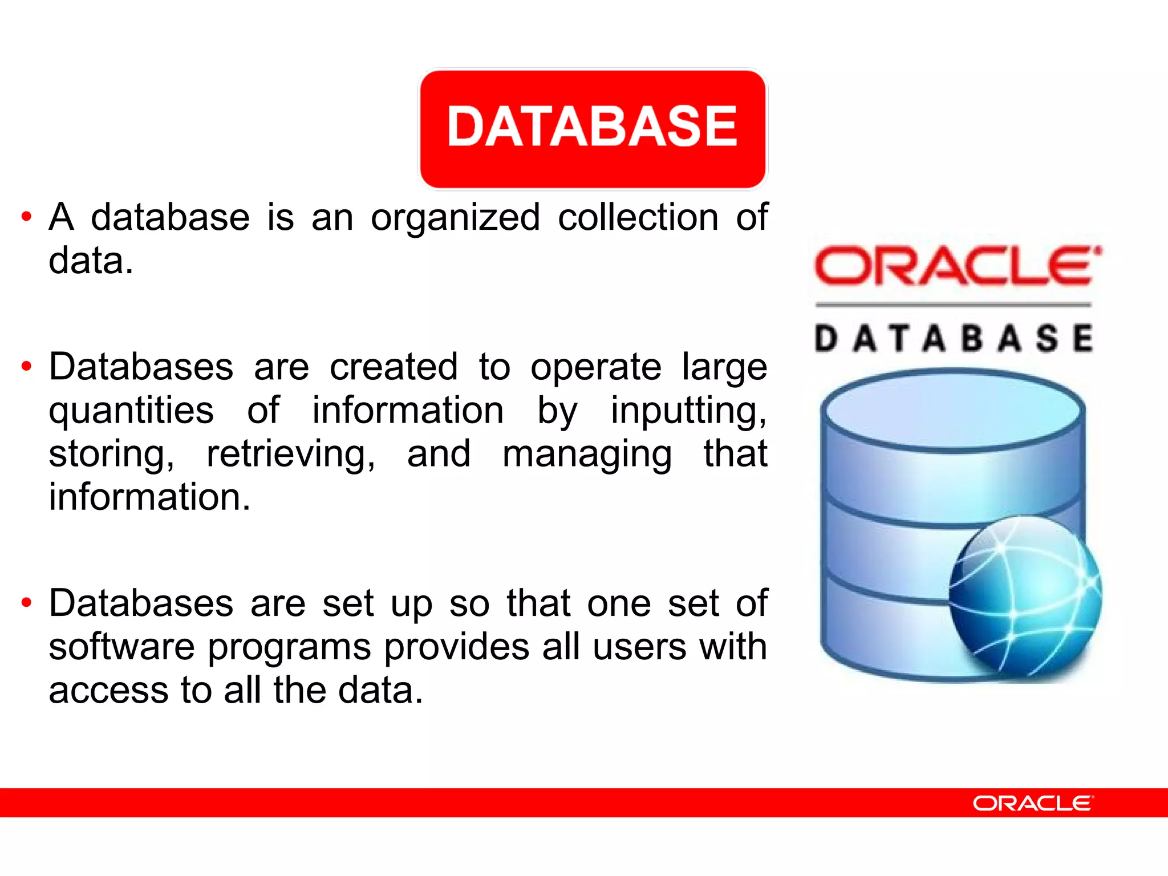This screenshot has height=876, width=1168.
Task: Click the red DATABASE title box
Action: click(x=593, y=128)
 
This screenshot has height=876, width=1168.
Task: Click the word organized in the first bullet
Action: click(x=455, y=218)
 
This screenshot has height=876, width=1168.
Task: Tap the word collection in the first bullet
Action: click(x=638, y=217)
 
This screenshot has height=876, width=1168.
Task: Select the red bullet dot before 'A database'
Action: click(x=26, y=217)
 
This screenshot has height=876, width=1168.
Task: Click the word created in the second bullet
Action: click(x=394, y=367)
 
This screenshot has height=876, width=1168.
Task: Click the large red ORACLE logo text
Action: click(x=956, y=266)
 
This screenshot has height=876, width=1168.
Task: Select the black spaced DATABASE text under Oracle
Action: click(x=954, y=338)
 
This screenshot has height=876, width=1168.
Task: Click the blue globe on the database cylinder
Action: click(x=1025, y=595)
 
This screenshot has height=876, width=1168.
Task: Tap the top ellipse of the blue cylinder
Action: click(x=952, y=410)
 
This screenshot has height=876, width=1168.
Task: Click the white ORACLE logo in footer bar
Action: click(x=1033, y=803)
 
